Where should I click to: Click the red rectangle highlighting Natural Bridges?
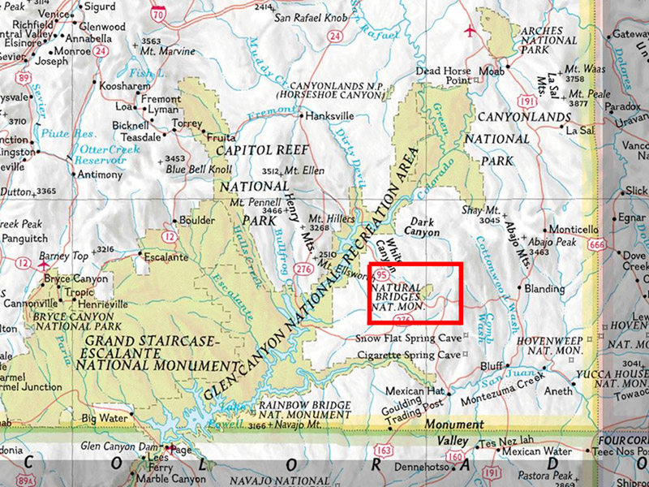point(415,292)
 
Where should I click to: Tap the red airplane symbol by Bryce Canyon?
point(44,263)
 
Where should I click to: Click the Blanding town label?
point(544,289)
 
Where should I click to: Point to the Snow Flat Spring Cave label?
point(408,337)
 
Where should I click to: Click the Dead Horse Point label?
point(443,75)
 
